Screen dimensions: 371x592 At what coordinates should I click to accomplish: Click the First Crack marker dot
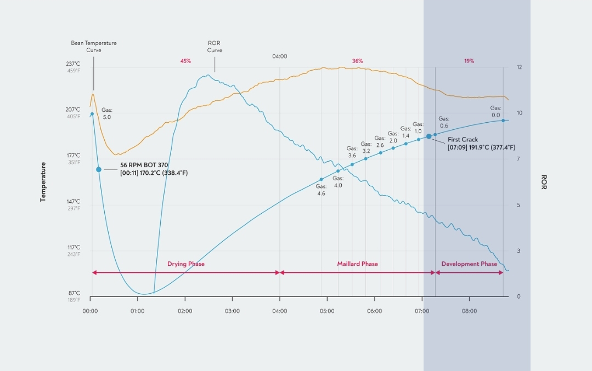429,136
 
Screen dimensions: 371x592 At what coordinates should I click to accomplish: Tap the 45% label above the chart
185,61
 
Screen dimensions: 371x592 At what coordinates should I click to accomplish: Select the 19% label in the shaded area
469,61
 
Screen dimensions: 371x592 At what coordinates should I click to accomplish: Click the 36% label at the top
357,61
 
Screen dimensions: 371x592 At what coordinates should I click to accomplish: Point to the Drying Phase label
186,264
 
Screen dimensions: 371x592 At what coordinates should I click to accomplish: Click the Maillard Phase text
357,264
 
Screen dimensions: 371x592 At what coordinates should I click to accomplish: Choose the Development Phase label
469,264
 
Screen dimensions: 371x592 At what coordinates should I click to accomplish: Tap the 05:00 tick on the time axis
327,311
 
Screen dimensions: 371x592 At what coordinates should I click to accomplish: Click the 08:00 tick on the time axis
469,311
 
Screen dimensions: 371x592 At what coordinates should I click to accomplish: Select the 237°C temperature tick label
74,64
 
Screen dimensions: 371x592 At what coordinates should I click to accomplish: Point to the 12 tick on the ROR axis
519,67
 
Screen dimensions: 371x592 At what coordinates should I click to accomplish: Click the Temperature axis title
43,182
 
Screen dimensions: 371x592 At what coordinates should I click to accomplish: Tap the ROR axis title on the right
544,182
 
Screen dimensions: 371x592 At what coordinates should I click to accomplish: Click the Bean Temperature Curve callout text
94,47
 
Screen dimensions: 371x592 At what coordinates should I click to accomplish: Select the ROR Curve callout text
215,47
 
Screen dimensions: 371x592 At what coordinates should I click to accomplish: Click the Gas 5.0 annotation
106,114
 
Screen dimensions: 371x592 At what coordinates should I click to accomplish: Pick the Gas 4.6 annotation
321,190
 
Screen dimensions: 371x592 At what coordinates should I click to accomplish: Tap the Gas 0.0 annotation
495,112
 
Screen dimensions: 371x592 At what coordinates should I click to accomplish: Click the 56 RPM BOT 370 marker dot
99,170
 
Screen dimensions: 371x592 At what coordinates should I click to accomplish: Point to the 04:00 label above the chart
280,56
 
